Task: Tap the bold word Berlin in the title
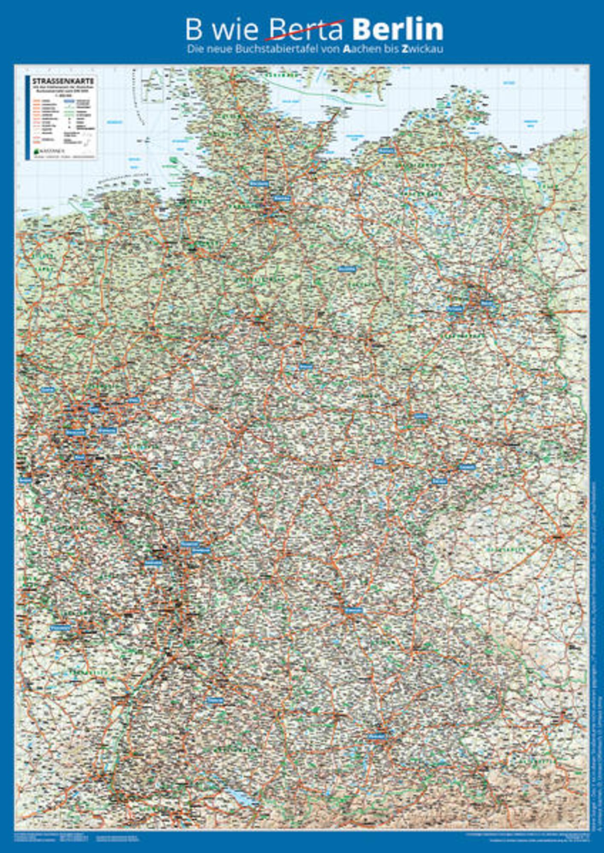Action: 398,30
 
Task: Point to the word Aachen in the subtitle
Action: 360,49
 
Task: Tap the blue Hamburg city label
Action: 282,198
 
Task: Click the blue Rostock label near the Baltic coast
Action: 386,151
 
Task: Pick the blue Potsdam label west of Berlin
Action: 455,308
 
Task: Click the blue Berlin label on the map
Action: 486,302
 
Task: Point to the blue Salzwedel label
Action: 346,269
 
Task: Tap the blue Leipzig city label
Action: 420,415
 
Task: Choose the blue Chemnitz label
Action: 467,467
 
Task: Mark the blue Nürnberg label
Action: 354,610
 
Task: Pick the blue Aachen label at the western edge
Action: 25,480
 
